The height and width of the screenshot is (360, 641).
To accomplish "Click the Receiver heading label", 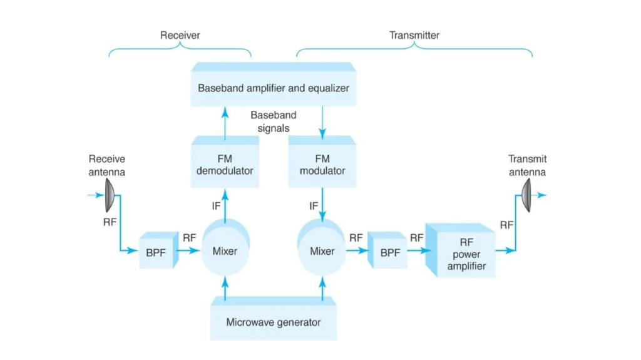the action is click(180, 35).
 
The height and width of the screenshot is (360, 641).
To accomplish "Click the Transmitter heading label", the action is click(414, 35).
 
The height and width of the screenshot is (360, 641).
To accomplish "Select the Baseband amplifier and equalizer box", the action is click(273, 85).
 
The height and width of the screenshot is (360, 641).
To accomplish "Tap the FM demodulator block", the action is click(225, 162).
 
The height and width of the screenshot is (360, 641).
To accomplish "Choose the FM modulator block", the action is click(322, 162).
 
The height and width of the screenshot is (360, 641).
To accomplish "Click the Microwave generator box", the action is click(273, 318).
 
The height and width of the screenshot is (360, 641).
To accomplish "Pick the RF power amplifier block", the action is click(460, 250).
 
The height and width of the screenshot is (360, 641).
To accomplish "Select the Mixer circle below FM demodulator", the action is click(225, 247).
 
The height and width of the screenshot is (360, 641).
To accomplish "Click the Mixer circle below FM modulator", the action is click(322, 247).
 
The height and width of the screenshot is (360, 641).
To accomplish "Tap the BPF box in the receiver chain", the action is click(158, 250).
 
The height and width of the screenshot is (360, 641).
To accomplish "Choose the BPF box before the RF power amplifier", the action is click(387, 250).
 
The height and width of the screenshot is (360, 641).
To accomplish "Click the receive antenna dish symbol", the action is click(110, 195).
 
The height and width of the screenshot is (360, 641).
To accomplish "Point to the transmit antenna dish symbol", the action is click(526, 195).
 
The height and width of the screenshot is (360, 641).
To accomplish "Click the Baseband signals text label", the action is click(274, 121).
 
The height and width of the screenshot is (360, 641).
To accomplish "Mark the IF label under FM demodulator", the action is click(216, 206).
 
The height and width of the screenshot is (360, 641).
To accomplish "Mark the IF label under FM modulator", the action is click(314, 206).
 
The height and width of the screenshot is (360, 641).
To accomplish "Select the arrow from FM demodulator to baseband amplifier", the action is click(225, 123).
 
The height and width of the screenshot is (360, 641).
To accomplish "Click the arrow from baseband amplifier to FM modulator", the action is click(322, 123).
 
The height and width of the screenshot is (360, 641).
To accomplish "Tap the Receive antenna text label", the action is click(106, 165).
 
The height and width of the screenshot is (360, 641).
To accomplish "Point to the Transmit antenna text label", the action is click(527, 165).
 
